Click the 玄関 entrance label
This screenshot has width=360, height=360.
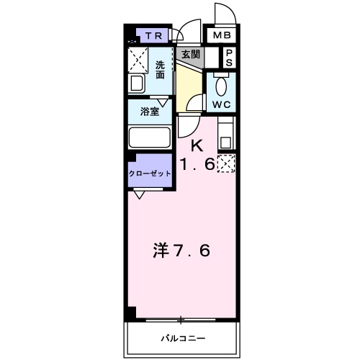click(191, 53)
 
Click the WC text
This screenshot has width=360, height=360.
click(220, 104)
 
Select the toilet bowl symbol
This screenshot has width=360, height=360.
click(221, 86)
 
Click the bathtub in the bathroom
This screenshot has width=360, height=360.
click(149, 138)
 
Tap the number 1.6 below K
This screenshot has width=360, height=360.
click(197, 164)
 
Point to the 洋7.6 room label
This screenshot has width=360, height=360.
click(181, 252)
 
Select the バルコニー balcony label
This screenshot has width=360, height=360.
click(182, 338)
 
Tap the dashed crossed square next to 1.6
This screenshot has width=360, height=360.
click(225, 163)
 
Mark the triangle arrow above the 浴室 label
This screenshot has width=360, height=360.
click(164, 102)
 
